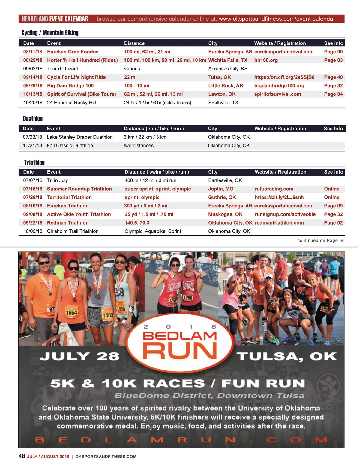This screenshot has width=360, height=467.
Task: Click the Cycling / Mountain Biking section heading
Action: pyautogui.click(x=50, y=33)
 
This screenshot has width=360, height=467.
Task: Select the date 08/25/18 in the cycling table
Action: pyautogui.click(x=33, y=60)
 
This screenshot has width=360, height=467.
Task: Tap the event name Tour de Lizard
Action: pyautogui.click(x=63, y=69)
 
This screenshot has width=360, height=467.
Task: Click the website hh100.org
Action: pyautogui.click(x=266, y=60)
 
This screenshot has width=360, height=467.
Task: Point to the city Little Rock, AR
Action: pyautogui.click(x=226, y=86)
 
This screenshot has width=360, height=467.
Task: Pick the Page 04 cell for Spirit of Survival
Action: pyautogui.click(x=333, y=94)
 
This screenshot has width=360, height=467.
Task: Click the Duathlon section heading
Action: pyautogui.click(x=33, y=119)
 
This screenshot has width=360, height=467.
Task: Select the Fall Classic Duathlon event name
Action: pyautogui.click(x=70, y=146)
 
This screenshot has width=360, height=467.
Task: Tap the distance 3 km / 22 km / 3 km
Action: pyautogui.click(x=145, y=137)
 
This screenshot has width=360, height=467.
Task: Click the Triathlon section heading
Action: pyautogui.click(x=34, y=162)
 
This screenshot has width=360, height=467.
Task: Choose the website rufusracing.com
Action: pyautogui.click(x=274, y=189)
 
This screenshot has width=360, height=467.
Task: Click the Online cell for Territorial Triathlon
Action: pyautogui.click(x=331, y=198)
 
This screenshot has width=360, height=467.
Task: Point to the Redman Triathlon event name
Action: pyautogui.click(x=68, y=223)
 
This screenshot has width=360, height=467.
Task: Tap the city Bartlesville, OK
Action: pyautogui.click(x=225, y=180)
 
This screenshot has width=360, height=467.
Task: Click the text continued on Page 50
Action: pyautogui.click(x=321, y=240)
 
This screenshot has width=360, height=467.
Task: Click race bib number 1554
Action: pyautogui.click(x=71, y=312)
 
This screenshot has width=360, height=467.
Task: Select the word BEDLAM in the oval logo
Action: pyautogui.click(x=180, y=336)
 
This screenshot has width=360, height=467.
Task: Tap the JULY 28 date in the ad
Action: pyautogui.click(x=79, y=356)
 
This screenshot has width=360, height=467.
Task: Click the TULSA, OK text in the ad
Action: pyautogui.click(x=286, y=356)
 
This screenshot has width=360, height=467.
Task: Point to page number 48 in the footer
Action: pyautogui.click(x=22, y=456)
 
